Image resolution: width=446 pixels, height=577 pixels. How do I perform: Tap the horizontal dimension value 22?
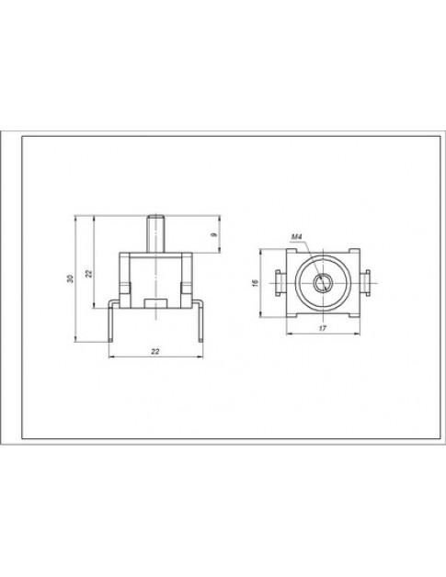point(155,353)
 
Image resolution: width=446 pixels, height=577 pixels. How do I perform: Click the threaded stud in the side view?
point(155,231)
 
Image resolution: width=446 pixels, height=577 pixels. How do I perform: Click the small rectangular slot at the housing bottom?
point(155,301)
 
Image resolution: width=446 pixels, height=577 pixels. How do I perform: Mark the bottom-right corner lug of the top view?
point(352,311)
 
